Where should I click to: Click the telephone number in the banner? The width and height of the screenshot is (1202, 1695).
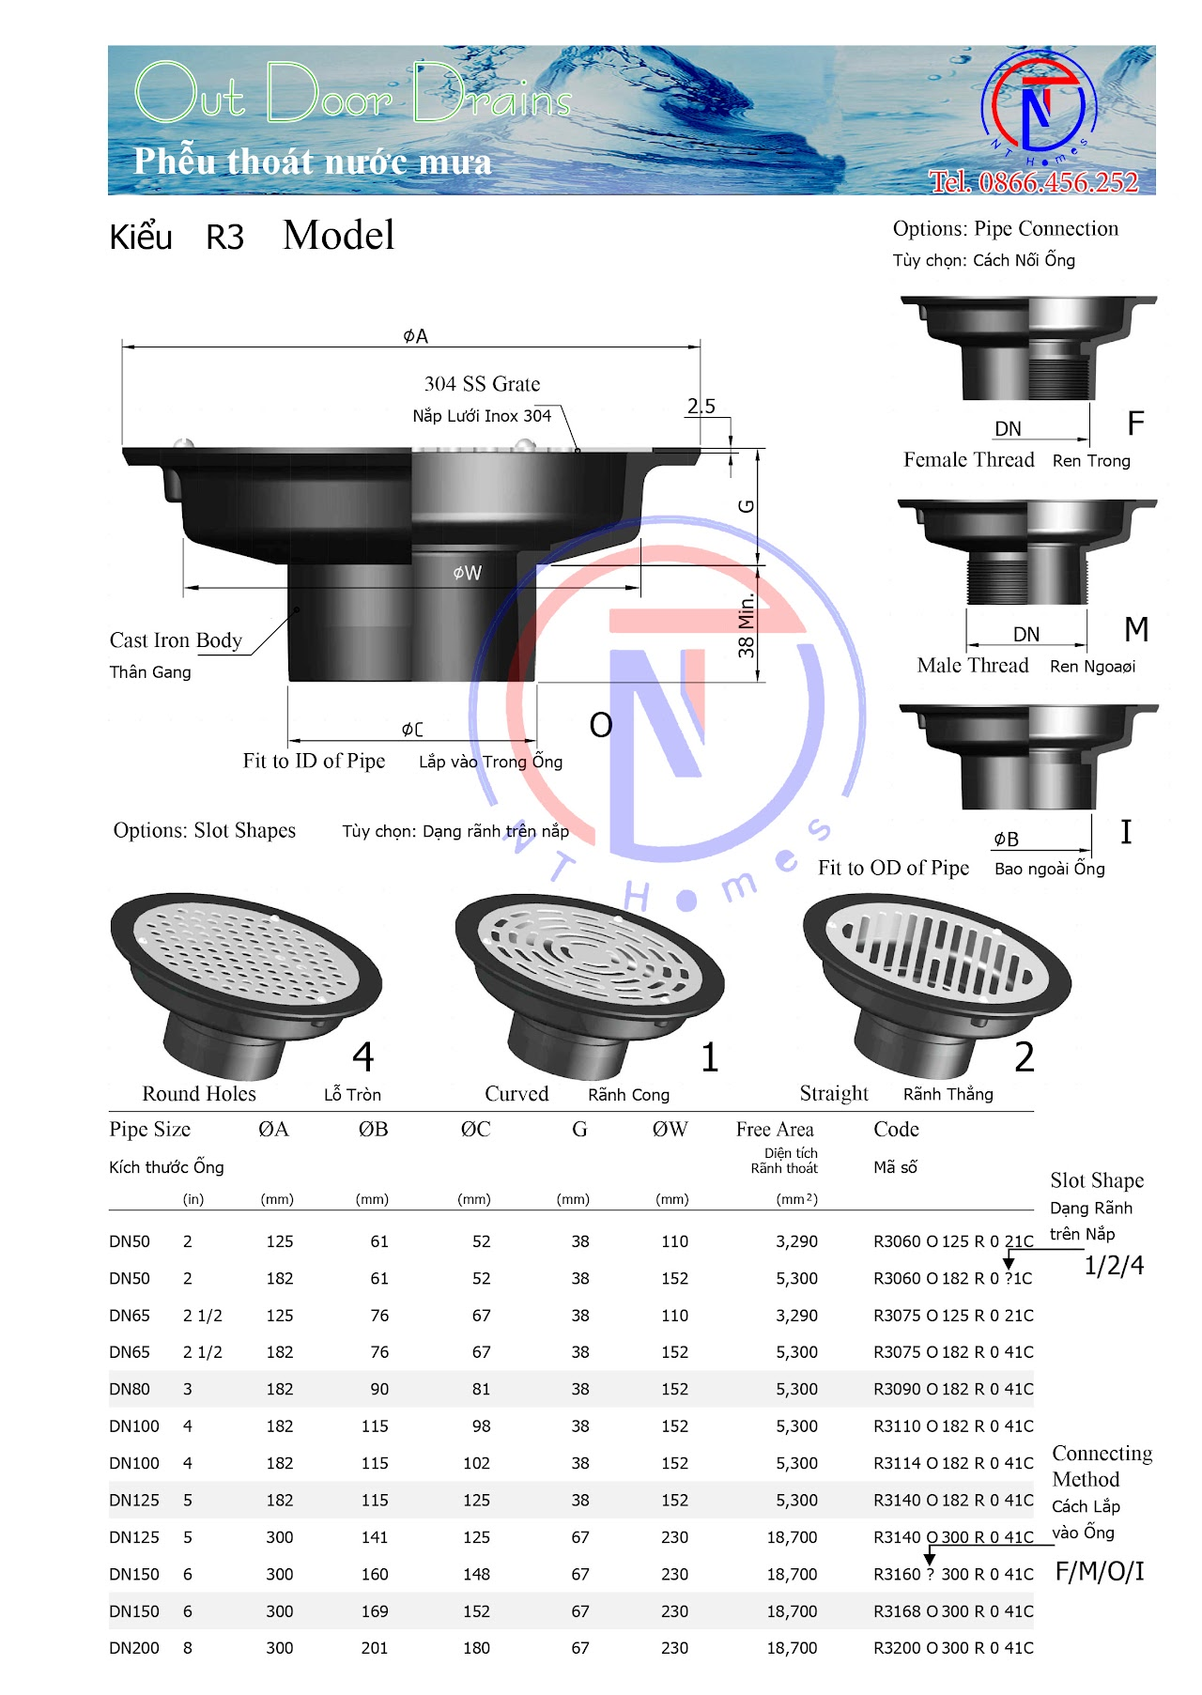click(x=1034, y=181)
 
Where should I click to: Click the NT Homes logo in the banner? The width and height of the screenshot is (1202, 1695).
click(x=1039, y=105)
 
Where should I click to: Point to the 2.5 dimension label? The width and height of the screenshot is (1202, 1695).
click(x=701, y=406)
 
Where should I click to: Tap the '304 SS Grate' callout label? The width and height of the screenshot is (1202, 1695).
click(x=482, y=384)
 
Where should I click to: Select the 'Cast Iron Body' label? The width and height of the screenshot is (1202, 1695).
click(x=176, y=640)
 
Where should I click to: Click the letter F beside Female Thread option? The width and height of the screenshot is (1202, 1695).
click(x=1135, y=424)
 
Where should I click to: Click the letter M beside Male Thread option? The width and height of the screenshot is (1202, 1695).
click(x=1136, y=629)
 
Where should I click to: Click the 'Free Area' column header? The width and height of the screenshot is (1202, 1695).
click(x=775, y=1130)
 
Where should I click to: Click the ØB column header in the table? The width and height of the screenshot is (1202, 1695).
click(x=373, y=1130)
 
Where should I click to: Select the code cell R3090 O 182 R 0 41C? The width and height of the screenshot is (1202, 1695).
click(x=952, y=1389)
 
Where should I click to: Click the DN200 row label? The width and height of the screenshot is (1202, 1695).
click(x=134, y=1648)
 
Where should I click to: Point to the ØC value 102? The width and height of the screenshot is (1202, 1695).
click(x=476, y=1463)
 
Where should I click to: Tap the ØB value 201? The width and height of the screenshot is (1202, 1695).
click(x=375, y=1648)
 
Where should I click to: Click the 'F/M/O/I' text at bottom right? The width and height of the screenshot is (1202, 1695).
click(x=1100, y=1572)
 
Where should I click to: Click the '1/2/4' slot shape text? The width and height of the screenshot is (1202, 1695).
click(x=1114, y=1266)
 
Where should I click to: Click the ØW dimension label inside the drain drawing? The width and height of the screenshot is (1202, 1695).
click(x=467, y=573)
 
